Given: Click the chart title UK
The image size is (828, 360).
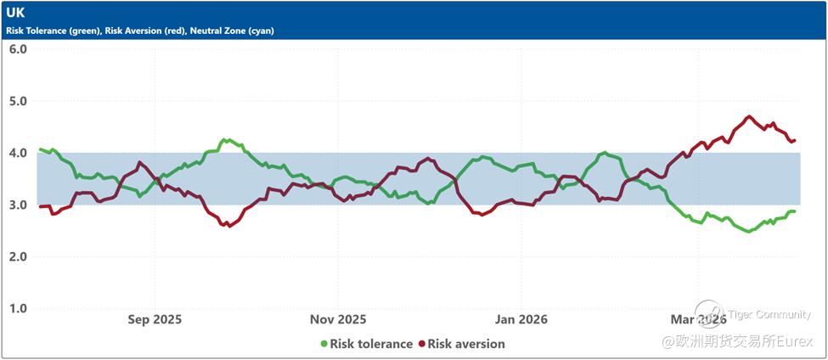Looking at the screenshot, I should coord(14,14).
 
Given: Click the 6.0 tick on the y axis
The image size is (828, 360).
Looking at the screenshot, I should coord(18,49).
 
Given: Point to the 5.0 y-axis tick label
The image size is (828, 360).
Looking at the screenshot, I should coord(18,101).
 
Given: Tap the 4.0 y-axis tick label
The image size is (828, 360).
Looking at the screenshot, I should coord(18,153).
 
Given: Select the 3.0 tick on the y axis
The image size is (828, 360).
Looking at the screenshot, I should coord(18,205).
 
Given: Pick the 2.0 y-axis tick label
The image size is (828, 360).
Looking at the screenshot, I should coord(18,256).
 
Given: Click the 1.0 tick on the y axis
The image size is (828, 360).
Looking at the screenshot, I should coord(18,308).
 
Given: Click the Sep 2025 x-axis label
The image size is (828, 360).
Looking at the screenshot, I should coord(155,320).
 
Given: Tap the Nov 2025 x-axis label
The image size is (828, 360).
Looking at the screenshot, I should coord(338,320).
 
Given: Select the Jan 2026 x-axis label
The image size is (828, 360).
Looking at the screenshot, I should coord(521,320).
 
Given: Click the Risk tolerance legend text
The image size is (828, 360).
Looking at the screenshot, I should coord(371,344).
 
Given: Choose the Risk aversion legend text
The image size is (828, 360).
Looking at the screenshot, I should coord(466,344).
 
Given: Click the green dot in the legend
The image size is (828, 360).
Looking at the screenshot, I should coord(324,344).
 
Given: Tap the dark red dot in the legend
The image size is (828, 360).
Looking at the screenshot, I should coord(420,344).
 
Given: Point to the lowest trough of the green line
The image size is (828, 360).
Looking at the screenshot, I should coord(748,231).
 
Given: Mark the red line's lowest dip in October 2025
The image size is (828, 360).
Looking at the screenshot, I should coord(228,226).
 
